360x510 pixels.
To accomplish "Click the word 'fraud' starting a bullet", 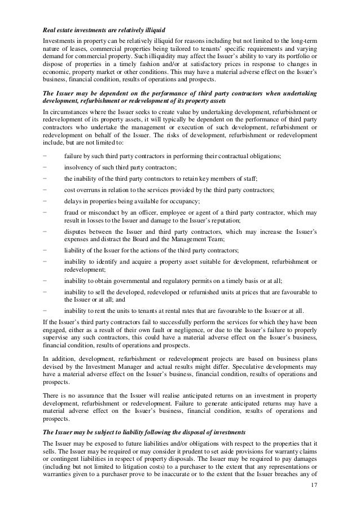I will coord(72,213).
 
